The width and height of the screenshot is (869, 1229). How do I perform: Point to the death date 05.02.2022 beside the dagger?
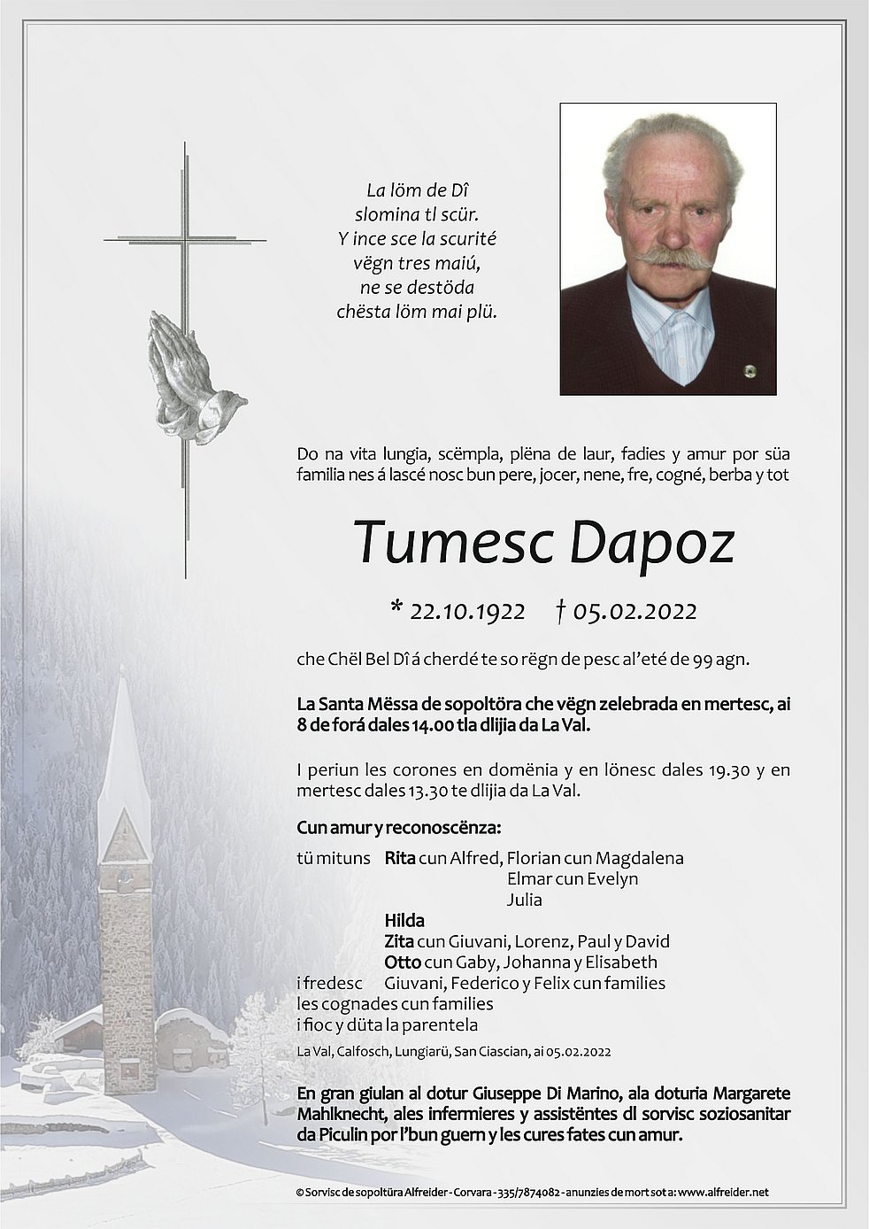(634, 611)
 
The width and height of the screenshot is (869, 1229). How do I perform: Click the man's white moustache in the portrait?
(673, 258)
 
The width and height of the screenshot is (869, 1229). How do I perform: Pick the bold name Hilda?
(404, 921)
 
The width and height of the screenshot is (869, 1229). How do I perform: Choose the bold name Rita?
(400, 858)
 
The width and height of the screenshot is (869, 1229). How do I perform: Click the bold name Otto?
(402, 962)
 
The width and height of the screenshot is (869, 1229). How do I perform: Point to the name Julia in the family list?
(525, 900)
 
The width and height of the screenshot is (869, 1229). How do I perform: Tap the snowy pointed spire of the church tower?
(123, 753)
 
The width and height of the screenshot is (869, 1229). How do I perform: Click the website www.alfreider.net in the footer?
(725, 1192)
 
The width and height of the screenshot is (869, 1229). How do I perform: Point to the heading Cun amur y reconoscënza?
(399, 829)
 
